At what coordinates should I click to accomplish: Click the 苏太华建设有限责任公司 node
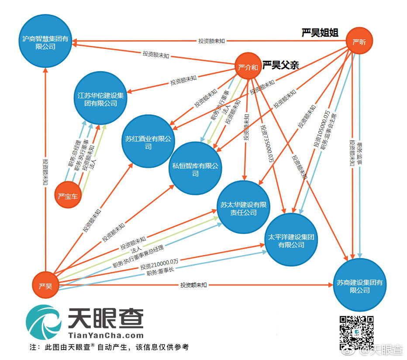tap(244, 208)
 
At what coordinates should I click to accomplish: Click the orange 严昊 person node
tap(45, 287)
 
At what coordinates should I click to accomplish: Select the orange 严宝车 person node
tap(68, 196)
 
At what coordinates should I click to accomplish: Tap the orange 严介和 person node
tap(248, 67)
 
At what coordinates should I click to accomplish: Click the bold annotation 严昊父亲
tap(280, 66)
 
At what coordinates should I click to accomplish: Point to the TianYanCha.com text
tap(106, 336)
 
